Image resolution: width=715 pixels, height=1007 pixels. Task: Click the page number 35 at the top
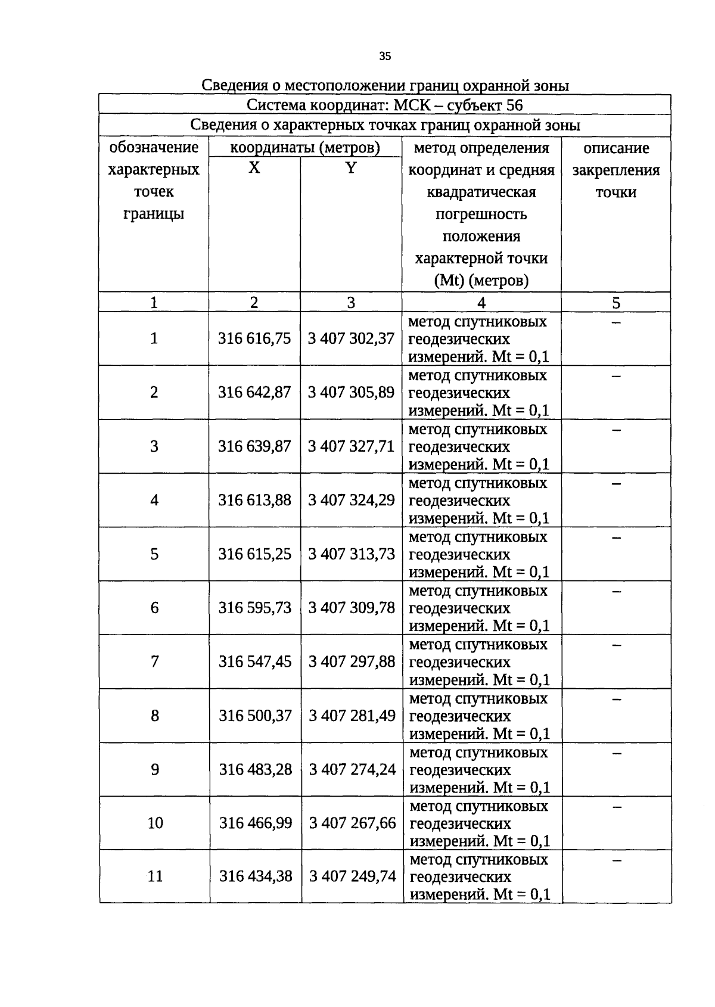(385, 57)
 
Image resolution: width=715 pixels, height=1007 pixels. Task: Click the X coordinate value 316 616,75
(254, 338)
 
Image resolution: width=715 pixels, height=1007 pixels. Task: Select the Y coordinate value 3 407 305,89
(351, 392)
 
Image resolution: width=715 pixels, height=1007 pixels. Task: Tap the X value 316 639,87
(254, 446)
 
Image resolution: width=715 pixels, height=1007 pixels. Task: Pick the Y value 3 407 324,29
(351, 500)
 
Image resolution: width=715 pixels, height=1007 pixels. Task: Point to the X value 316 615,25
(255, 554)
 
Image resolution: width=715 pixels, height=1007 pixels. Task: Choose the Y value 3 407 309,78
(352, 608)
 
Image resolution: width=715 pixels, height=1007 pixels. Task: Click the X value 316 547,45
(255, 661)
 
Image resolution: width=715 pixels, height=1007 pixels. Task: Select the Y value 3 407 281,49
(352, 716)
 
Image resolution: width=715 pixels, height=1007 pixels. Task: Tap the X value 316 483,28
(256, 769)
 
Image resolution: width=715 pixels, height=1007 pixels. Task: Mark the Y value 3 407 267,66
(352, 823)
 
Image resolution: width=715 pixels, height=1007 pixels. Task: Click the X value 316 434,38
(256, 877)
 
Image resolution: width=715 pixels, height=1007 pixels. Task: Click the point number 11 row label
(155, 877)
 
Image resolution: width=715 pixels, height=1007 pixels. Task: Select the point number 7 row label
(154, 661)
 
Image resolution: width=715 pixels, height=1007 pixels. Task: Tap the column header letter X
(254, 169)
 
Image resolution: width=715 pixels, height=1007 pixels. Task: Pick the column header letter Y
(351, 169)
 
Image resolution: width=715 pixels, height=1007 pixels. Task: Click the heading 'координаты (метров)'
(305, 148)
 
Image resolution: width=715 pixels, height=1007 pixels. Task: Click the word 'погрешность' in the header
(481, 215)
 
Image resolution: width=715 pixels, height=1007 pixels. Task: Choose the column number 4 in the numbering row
(481, 303)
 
